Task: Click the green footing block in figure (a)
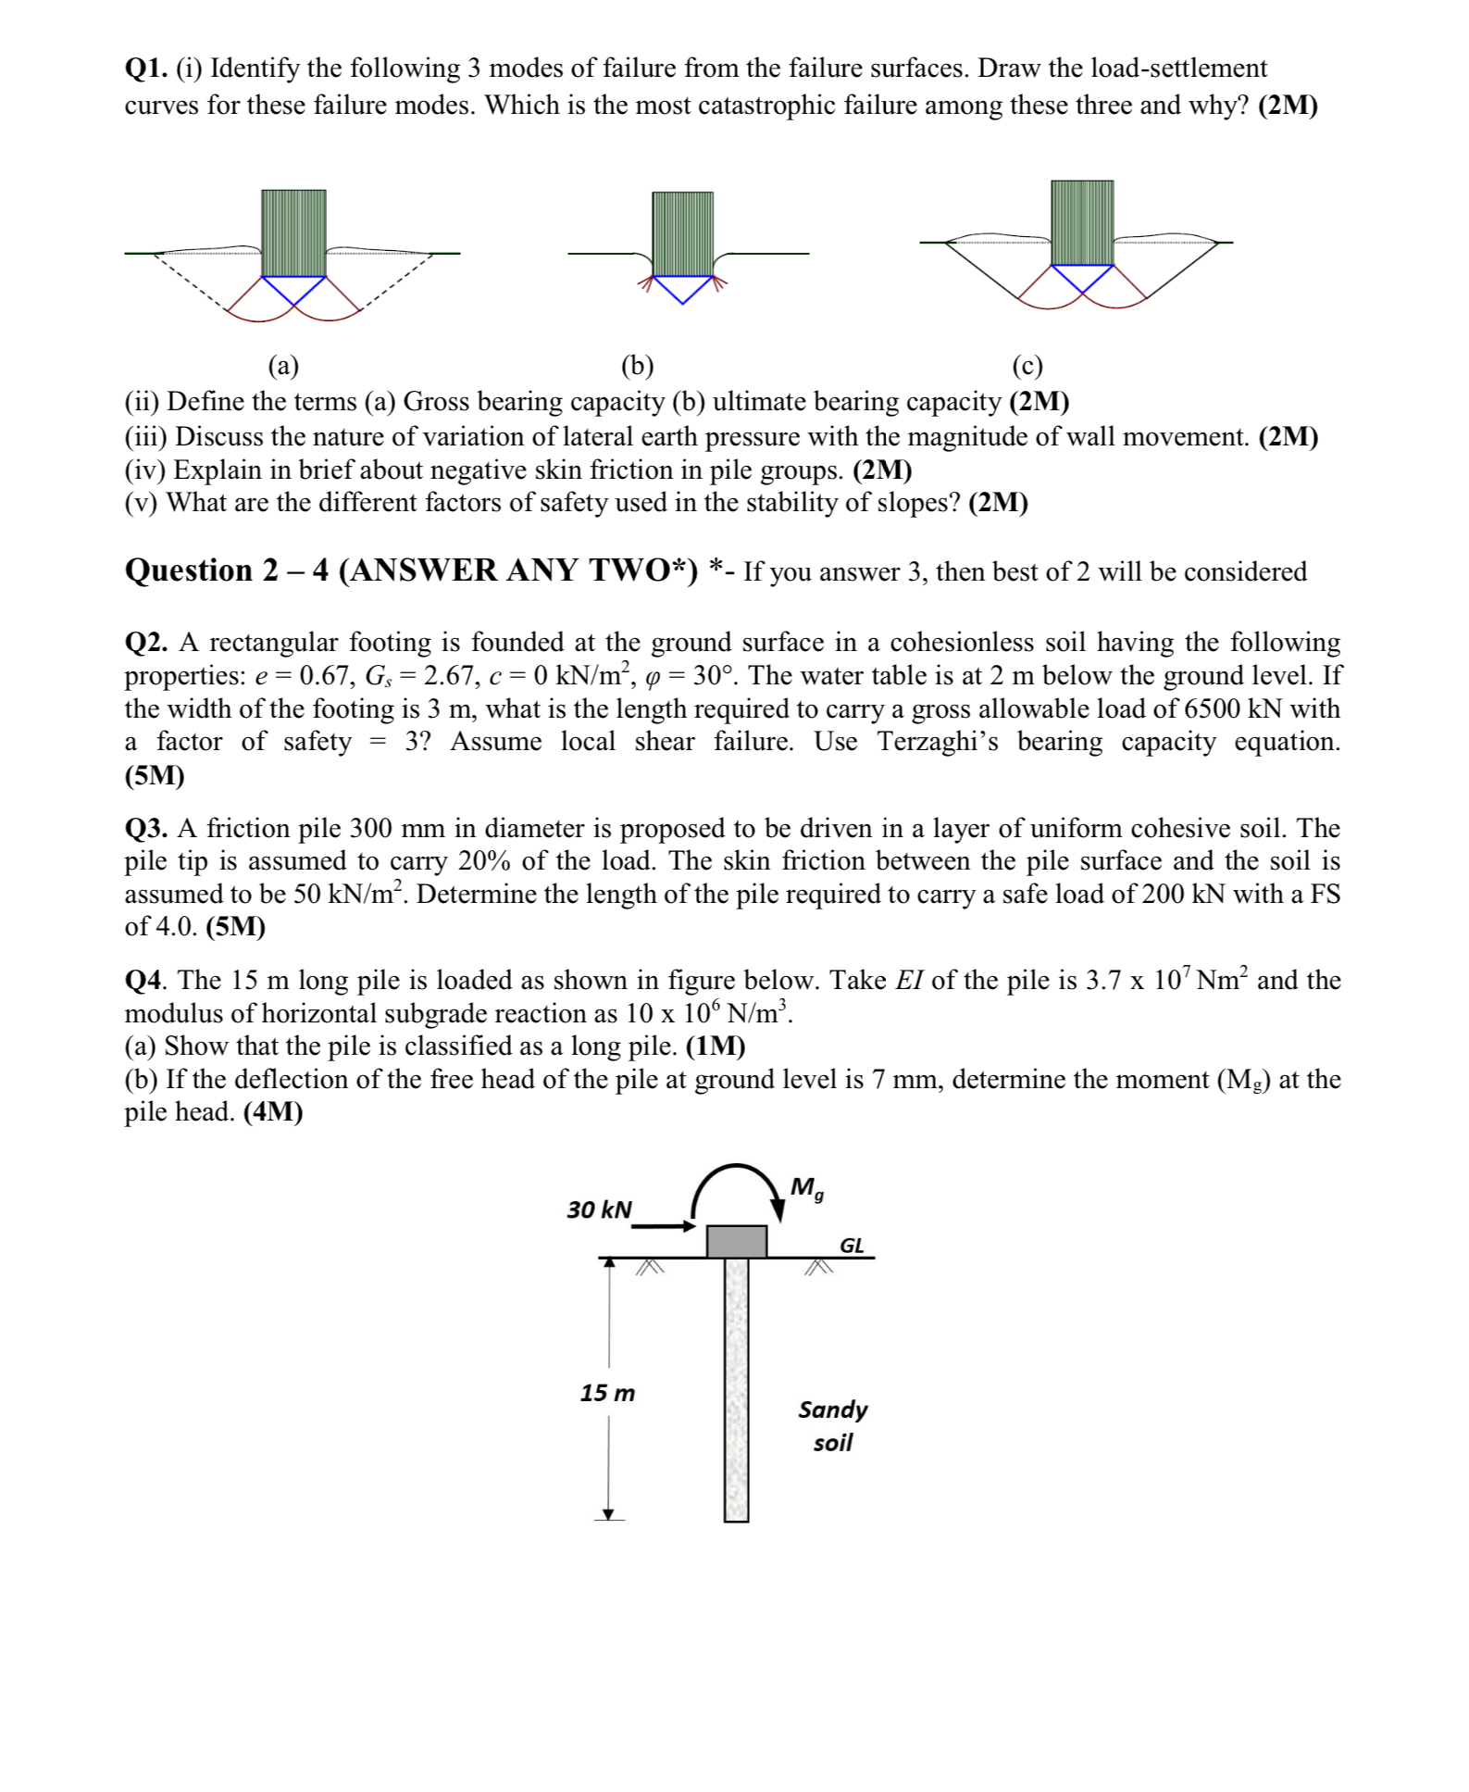tap(293, 232)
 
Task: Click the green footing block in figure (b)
tap(682, 232)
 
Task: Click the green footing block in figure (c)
tap(1082, 222)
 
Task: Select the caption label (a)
tap(283, 367)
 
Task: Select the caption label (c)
tap(1027, 367)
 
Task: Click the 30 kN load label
tap(599, 1209)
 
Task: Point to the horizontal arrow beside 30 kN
tap(663, 1226)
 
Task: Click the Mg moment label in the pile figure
tap(806, 1188)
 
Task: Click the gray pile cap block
tap(736, 1241)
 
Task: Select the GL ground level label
tap(852, 1246)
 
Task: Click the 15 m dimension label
tap(607, 1393)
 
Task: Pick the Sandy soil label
tap(833, 1425)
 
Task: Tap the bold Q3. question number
tap(146, 828)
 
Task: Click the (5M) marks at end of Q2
tap(155, 775)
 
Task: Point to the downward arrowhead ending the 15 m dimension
tap(608, 1514)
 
